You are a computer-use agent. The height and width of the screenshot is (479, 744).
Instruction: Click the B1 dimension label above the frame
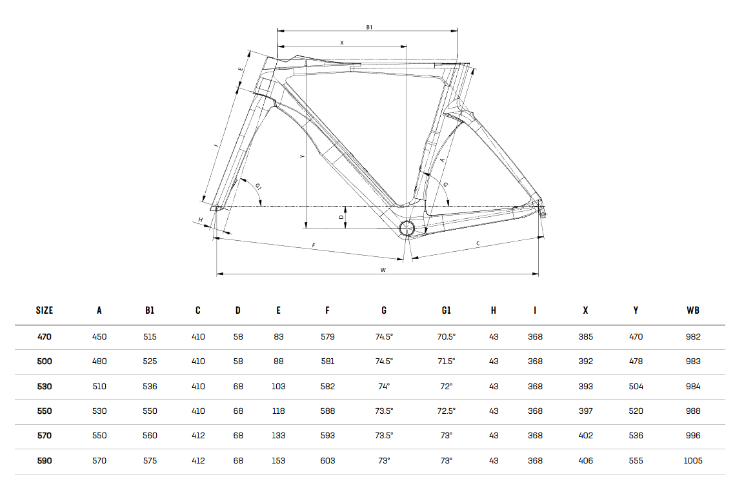(x=369, y=27)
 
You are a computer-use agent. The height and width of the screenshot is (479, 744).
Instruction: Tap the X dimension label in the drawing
(x=341, y=43)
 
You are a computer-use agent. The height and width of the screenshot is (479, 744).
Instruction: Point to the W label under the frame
(x=383, y=270)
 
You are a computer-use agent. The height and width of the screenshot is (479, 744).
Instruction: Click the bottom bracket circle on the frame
(x=407, y=229)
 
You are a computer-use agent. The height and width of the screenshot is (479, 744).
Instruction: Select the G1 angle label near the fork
(x=258, y=187)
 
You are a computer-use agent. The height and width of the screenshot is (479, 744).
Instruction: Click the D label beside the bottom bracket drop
(x=341, y=217)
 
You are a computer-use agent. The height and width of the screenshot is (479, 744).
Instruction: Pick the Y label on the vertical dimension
(x=302, y=157)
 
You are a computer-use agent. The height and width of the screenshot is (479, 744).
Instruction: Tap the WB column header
(x=693, y=310)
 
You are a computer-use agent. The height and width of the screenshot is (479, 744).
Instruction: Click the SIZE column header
(x=45, y=310)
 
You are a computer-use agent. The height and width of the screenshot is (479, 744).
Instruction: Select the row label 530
(x=45, y=387)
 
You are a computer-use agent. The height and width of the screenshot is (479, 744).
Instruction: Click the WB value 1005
(x=693, y=460)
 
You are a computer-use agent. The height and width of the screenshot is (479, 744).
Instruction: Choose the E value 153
(x=279, y=460)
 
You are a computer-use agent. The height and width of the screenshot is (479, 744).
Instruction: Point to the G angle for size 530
(x=384, y=387)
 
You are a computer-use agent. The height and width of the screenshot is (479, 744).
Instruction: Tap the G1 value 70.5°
(x=446, y=336)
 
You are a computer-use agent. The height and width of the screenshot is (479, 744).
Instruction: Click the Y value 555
(x=636, y=460)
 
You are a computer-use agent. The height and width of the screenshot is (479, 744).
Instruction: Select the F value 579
(x=327, y=336)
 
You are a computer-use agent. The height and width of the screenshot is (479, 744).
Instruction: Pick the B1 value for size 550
(x=150, y=411)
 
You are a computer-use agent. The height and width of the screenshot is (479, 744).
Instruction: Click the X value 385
(x=585, y=336)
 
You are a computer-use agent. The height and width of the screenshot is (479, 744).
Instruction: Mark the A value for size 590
(x=99, y=460)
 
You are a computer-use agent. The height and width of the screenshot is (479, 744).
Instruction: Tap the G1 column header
(x=446, y=310)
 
